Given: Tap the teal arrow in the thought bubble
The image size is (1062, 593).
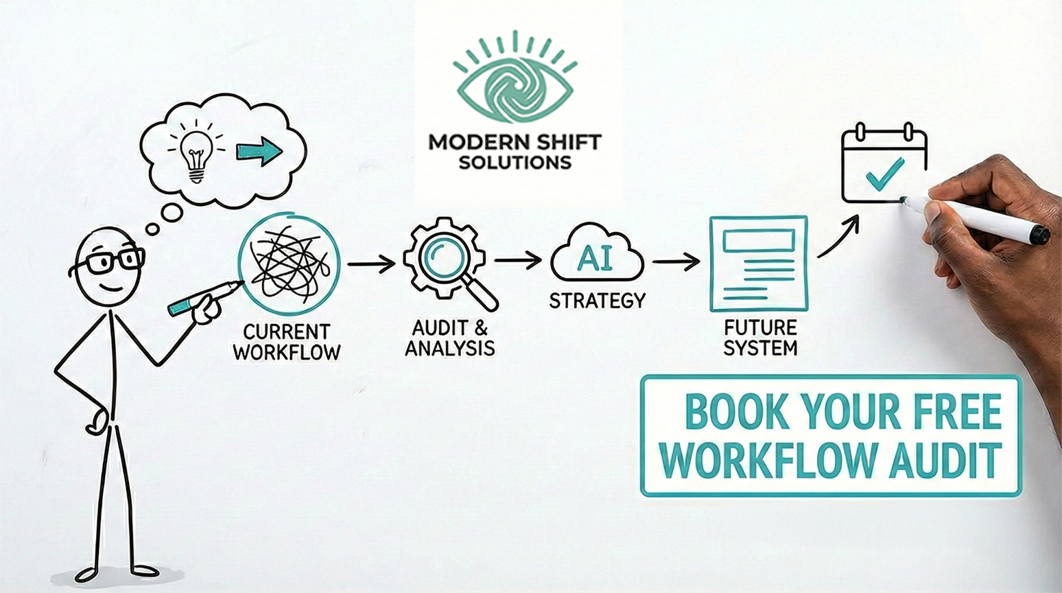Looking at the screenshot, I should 259,151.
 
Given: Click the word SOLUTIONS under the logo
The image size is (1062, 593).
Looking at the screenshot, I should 515,163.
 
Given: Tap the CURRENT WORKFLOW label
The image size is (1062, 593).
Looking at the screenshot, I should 287,342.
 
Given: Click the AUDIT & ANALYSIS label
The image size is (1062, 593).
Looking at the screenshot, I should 450,338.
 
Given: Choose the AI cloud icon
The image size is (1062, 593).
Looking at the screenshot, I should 596,259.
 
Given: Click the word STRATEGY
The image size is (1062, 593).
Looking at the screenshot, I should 597,301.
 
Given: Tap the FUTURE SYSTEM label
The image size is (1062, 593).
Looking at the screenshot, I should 760,337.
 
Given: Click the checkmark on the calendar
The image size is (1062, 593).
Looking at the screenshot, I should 884,174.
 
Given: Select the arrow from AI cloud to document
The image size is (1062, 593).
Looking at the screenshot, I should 676,261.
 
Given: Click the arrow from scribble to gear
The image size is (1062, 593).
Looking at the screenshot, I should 371,264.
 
